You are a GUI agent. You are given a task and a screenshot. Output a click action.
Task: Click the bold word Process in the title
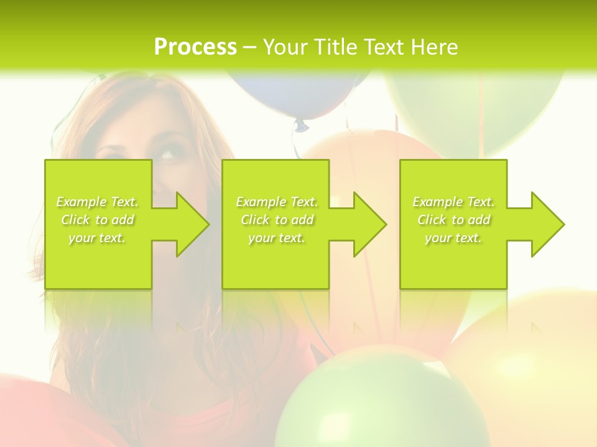195,47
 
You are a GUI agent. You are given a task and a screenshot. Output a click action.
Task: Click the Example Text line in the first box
97,202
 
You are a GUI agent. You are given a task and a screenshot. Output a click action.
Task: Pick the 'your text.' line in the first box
97,238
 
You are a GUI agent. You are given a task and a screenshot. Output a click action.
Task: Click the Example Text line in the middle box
277,202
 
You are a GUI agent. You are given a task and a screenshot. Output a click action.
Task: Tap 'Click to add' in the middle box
277,220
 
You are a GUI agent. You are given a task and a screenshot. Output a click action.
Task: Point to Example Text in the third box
453,202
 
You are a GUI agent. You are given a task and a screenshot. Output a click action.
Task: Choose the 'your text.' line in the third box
453,238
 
